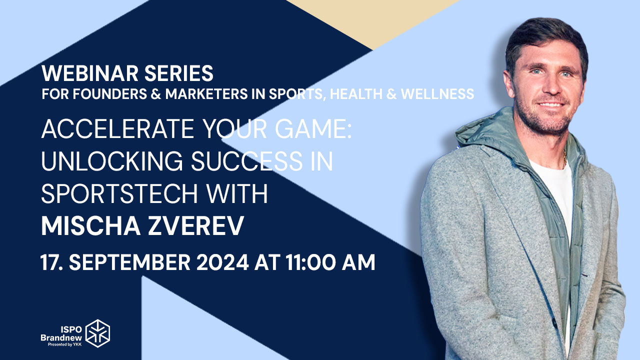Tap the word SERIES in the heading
click(179, 73)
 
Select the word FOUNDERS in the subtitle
click(109, 94)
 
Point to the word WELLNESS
click(437, 94)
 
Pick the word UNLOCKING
click(112, 161)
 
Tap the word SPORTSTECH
click(119, 193)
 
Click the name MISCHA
click(91, 225)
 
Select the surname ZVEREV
click(195, 225)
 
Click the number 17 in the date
click(49, 262)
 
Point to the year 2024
click(222, 262)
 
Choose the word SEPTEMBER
click(129, 262)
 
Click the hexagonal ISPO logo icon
click(97, 333)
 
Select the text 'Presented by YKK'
click(64, 344)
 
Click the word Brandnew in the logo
click(61, 337)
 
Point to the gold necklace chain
click(564, 159)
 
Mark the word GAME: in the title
click(313, 129)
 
